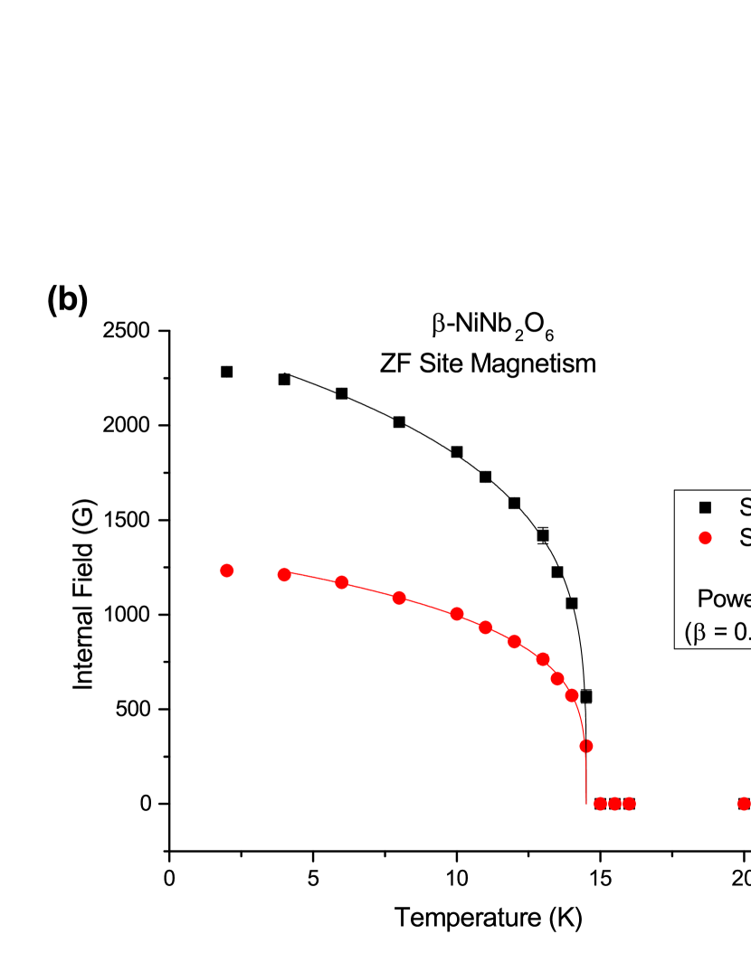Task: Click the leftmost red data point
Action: pyautogui.click(x=227, y=571)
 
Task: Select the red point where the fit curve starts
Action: pyautogui.click(x=284, y=574)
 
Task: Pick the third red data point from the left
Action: pyautogui.click(x=341, y=582)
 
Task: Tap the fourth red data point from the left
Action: pyautogui.click(x=399, y=598)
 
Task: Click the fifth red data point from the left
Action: pyautogui.click(x=457, y=614)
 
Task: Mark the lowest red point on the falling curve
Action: pyautogui.click(x=586, y=746)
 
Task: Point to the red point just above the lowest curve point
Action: pyautogui.click(x=572, y=695)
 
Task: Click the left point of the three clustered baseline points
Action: pyautogui.click(x=600, y=804)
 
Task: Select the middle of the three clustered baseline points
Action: pyautogui.click(x=614, y=804)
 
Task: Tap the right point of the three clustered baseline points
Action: pyautogui.click(x=629, y=804)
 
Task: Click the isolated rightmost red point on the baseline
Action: pyautogui.click(x=744, y=804)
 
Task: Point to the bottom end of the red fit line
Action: pyautogui.click(x=586, y=801)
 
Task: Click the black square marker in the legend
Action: pyautogui.click(x=706, y=507)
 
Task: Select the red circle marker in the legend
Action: pyautogui.click(x=706, y=538)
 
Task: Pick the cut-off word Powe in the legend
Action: pyautogui.click(x=723, y=599)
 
